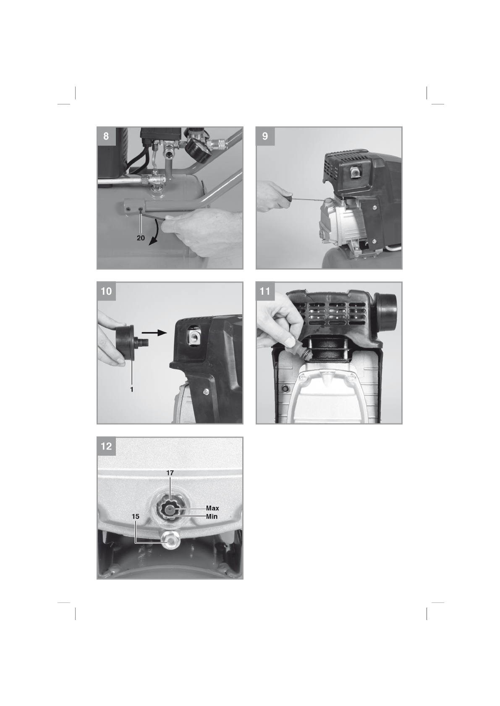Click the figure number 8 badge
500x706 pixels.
click(106, 136)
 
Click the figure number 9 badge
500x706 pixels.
click(265, 136)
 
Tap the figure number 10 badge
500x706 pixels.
click(106, 291)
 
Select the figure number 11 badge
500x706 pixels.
click(265, 291)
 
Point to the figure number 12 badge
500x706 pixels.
click(106, 446)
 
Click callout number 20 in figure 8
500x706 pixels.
click(141, 238)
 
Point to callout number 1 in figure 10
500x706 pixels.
click(132, 389)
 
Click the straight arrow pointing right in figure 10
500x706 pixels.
click(154, 332)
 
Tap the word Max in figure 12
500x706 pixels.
click(212, 508)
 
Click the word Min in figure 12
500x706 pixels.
click(212, 517)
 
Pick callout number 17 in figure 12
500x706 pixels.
click(170, 473)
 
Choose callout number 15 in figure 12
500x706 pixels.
click(136, 517)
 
